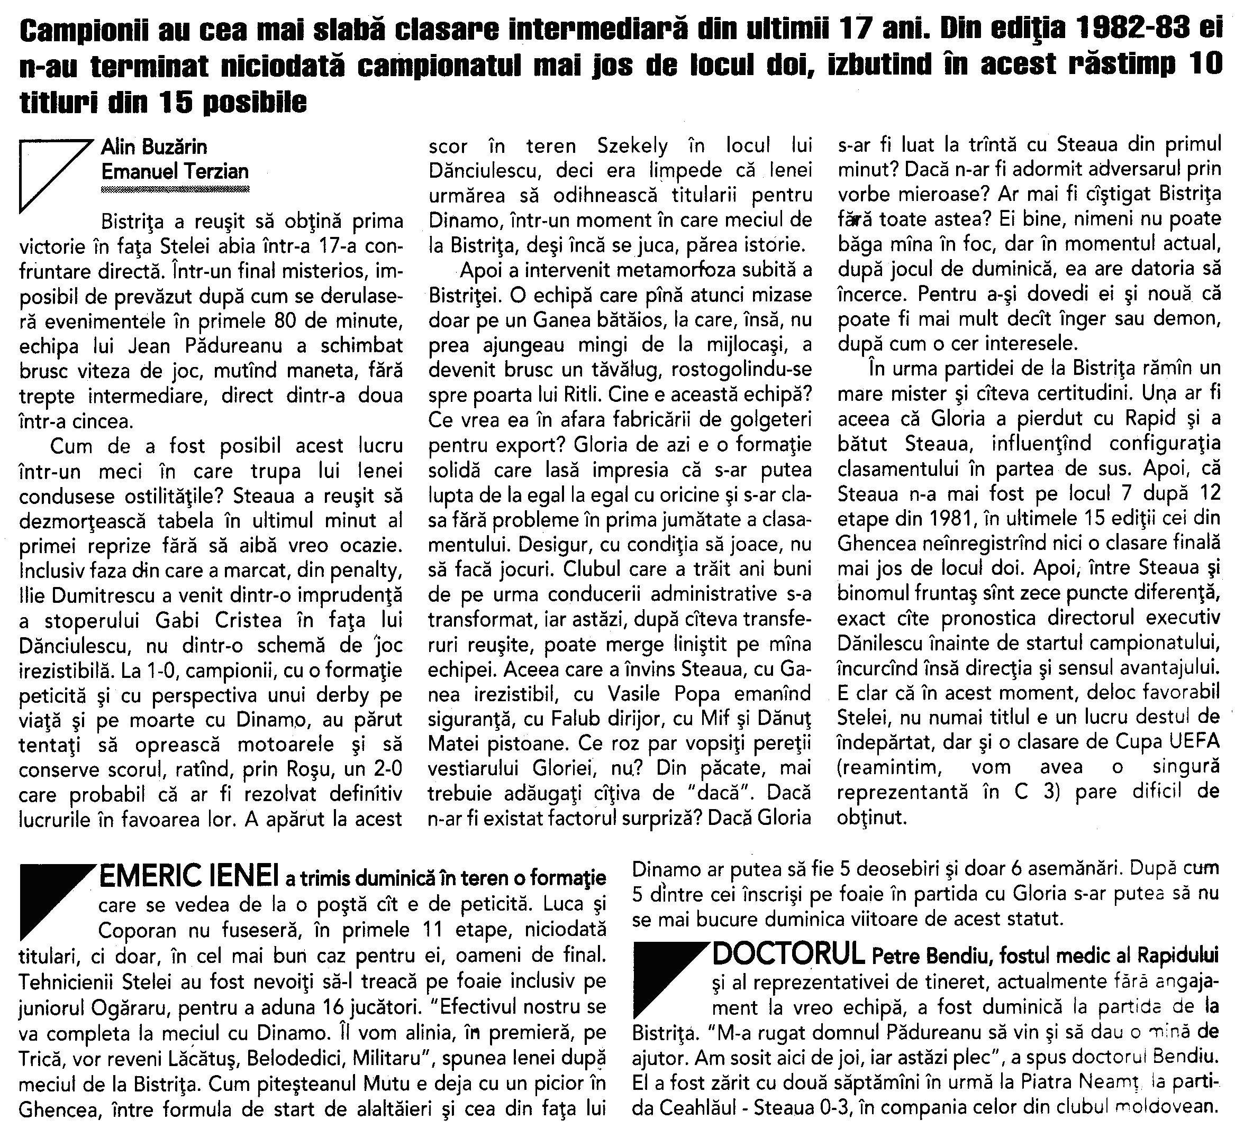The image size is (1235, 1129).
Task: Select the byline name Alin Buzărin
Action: tap(154, 147)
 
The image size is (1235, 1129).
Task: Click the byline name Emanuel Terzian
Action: tap(175, 171)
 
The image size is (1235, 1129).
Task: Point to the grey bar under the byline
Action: tap(175, 190)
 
